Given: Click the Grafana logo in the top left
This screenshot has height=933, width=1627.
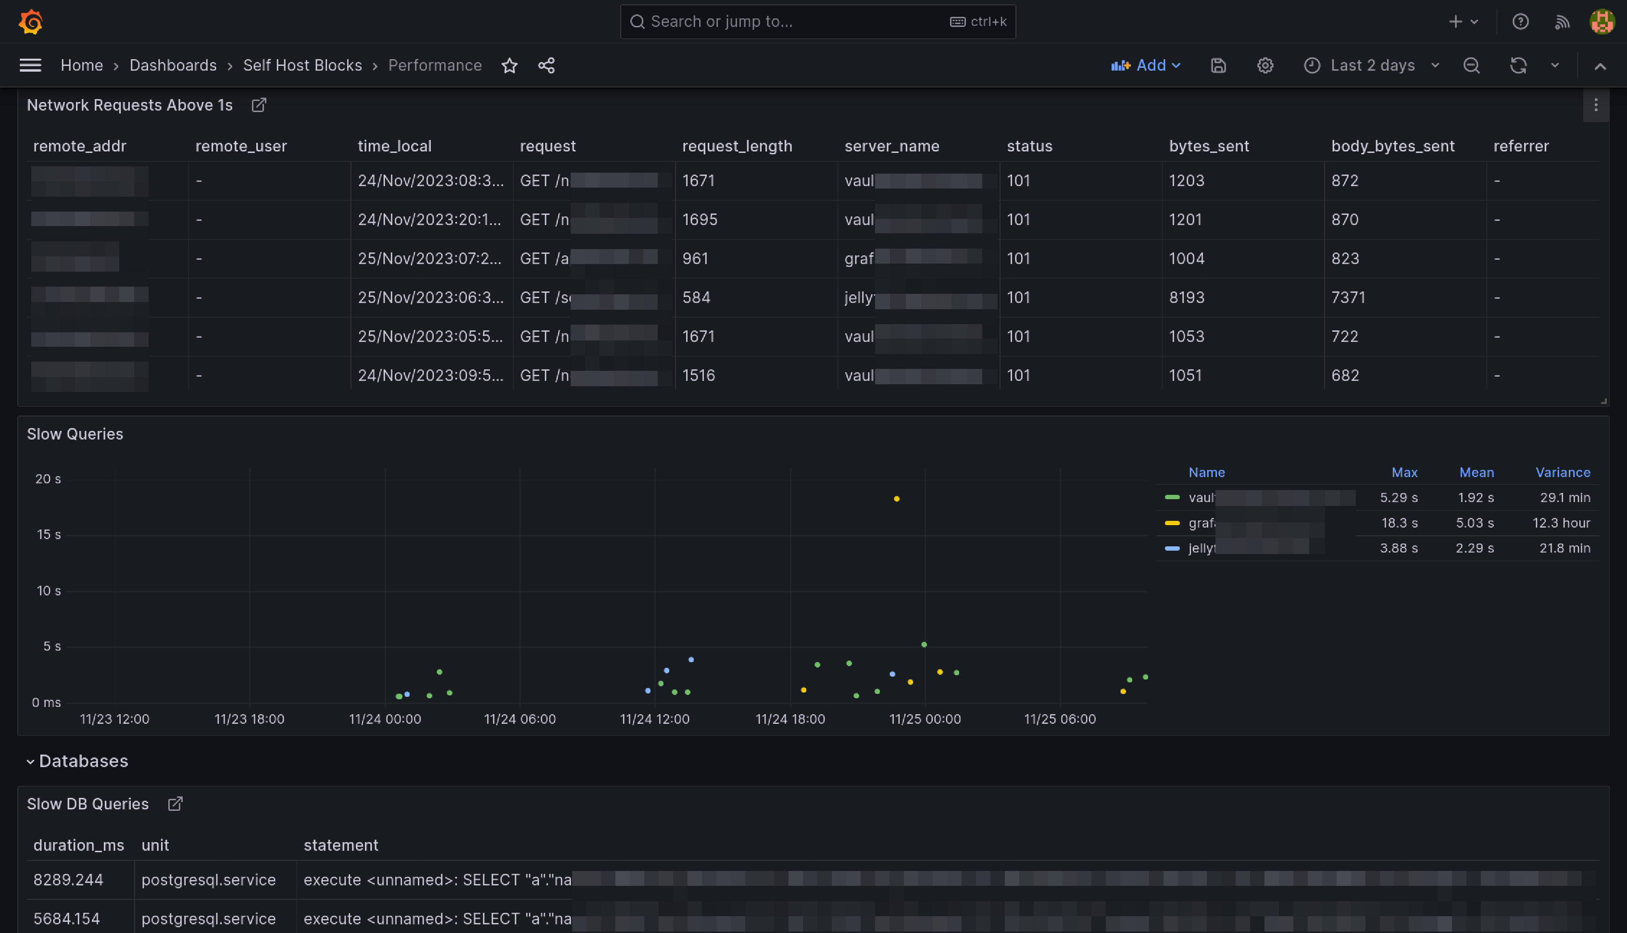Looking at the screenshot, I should click(30, 22).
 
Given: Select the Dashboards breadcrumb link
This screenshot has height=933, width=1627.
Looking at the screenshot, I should click(173, 65).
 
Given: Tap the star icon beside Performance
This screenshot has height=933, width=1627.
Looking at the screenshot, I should click(509, 65).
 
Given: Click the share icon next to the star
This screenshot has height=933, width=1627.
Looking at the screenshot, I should click(546, 65).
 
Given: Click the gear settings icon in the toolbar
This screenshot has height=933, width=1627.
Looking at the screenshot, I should click(1264, 65).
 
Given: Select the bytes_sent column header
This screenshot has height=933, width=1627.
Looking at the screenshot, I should click(1209, 146).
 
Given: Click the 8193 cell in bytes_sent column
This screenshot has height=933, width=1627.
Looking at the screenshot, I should click(1186, 297).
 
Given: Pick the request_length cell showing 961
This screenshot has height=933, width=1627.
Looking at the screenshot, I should click(695, 258).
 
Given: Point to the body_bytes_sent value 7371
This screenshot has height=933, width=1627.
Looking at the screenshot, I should click(1348, 297).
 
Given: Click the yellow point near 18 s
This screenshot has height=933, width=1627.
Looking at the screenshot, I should click(896, 499).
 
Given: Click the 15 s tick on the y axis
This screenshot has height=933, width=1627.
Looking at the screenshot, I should click(49, 534).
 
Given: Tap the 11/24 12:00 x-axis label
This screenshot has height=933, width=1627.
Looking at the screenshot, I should click(654, 719).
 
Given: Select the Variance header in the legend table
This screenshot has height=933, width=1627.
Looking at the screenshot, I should click(1562, 472).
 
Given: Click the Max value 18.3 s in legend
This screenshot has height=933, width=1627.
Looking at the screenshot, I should click(1399, 523).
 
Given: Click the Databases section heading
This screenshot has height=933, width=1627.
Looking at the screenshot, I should click(83, 761).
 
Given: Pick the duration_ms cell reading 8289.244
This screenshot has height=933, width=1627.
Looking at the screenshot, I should click(68, 880).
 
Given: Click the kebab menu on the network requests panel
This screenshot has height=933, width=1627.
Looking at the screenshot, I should click(1595, 105).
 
